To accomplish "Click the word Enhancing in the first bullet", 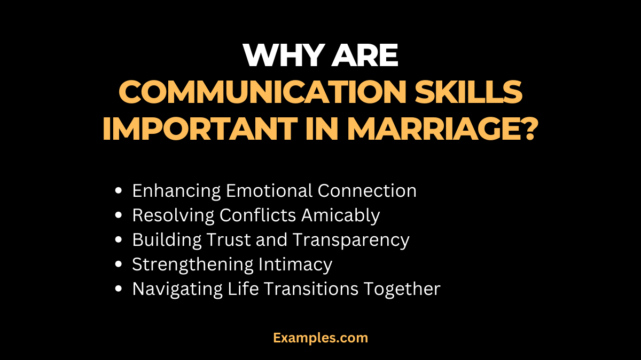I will (176, 190).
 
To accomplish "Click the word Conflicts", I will (260, 215).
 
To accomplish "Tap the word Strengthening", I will (193, 265).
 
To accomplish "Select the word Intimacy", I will (296, 265).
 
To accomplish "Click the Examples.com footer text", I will (320, 338).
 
